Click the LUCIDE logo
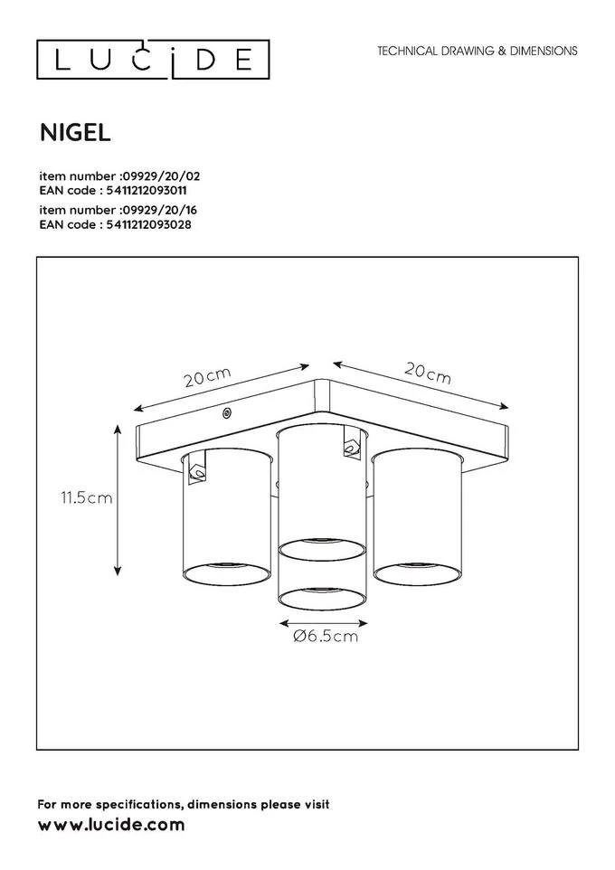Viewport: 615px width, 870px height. pyautogui.click(x=153, y=60)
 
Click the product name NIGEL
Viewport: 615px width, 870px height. pyautogui.click(x=75, y=133)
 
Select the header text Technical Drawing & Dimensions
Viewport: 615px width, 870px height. pyautogui.click(x=478, y=51)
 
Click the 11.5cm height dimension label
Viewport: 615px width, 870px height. pyautogui.click(x=87, y=497)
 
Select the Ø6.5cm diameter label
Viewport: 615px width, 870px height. pyautogui.click(x=326, y=636)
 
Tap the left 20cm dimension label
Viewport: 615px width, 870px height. pyautogui.click(x=208, y=377)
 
